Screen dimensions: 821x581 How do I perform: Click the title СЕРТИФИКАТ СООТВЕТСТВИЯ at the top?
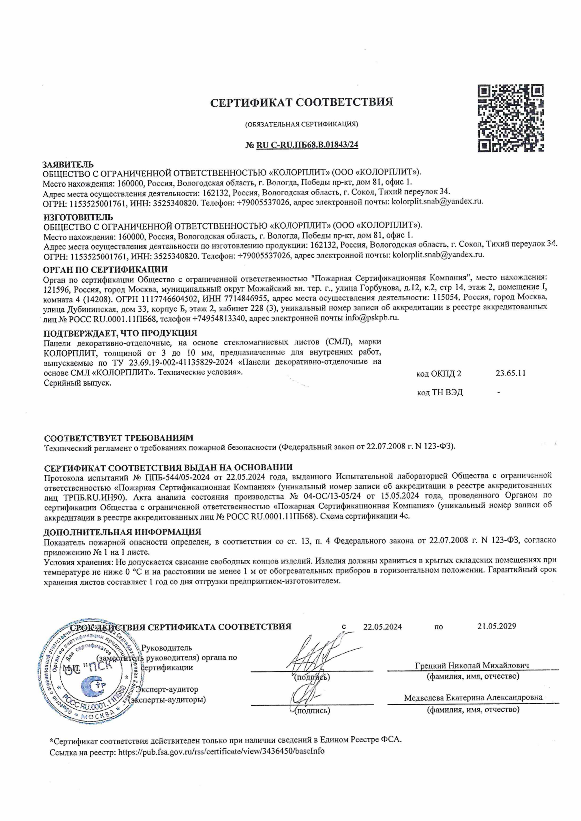pos(302,102)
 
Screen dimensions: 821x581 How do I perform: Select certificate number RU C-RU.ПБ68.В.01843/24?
pos(307,145)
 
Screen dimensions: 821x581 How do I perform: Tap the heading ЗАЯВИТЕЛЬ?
pos(68,164)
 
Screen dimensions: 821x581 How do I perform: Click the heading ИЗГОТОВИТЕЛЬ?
pos(78,217)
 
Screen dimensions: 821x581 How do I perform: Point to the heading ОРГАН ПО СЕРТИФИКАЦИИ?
pos(105,269)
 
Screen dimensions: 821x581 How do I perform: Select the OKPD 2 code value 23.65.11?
pos(510,374)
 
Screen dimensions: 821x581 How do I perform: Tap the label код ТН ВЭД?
pos(440,392)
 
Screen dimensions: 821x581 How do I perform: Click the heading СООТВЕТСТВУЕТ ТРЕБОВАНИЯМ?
pos(119,438)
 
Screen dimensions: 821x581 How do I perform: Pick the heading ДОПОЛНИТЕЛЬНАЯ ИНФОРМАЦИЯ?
pos(122,532)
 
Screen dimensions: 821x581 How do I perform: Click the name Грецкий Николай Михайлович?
pos(472,666)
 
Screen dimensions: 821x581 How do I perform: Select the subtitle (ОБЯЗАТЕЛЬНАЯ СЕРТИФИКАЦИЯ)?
pos(302,124)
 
